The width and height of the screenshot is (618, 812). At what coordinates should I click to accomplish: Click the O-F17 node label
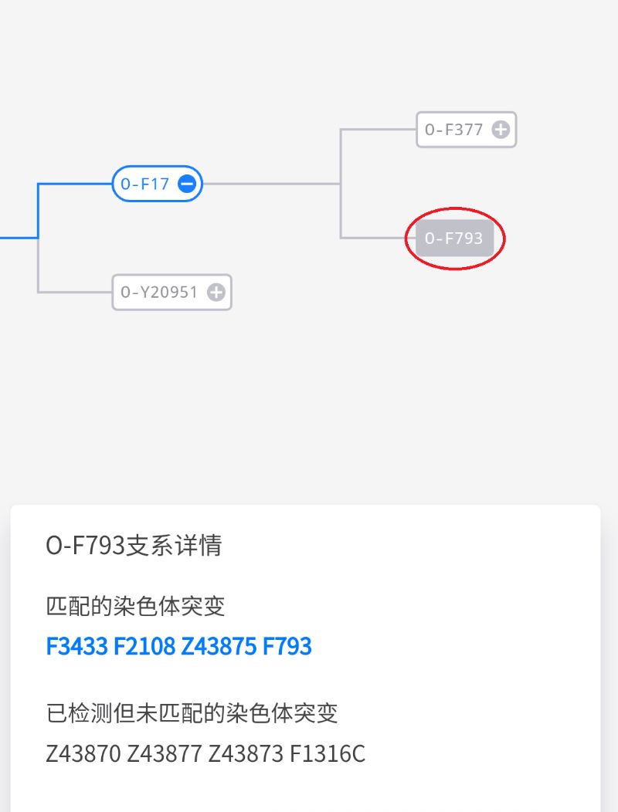coord(144,184)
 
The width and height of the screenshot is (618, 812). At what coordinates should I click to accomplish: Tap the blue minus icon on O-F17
coord(187,184)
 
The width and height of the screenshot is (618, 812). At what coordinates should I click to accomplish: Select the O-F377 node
coord(466,130)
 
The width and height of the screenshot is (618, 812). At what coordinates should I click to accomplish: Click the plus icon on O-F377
coord(501,130)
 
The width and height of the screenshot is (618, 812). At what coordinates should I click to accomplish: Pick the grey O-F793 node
coord(454,239)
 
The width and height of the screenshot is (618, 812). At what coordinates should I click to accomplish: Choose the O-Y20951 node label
coord(159,292)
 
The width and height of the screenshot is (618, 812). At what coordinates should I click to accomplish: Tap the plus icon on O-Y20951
coord(216,292)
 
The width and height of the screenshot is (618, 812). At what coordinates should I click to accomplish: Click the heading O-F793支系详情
coord(134,545)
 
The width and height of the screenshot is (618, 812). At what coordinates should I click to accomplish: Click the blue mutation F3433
coord(76,646)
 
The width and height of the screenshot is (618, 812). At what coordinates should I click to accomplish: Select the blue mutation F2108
coord(144,646)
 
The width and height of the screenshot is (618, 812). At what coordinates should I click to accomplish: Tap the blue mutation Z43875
coord(219,646)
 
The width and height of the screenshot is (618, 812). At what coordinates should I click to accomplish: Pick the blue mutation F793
coord(287,646)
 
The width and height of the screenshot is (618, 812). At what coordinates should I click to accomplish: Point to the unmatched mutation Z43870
coord(83,753)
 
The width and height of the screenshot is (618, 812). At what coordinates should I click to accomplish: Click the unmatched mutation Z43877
coord(165,753)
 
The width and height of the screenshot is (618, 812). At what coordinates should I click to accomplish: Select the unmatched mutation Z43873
coord(246,753)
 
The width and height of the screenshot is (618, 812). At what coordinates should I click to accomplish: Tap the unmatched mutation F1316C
coord(327,753)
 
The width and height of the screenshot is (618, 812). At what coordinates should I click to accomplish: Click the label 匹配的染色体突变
coord(135,606)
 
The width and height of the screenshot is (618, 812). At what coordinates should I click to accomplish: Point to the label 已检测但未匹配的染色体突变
coord(192,713)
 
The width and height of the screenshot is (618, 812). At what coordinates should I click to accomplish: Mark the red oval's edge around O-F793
coord(455,208)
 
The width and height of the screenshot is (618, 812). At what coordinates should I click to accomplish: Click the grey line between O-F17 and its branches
coord(271,184)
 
